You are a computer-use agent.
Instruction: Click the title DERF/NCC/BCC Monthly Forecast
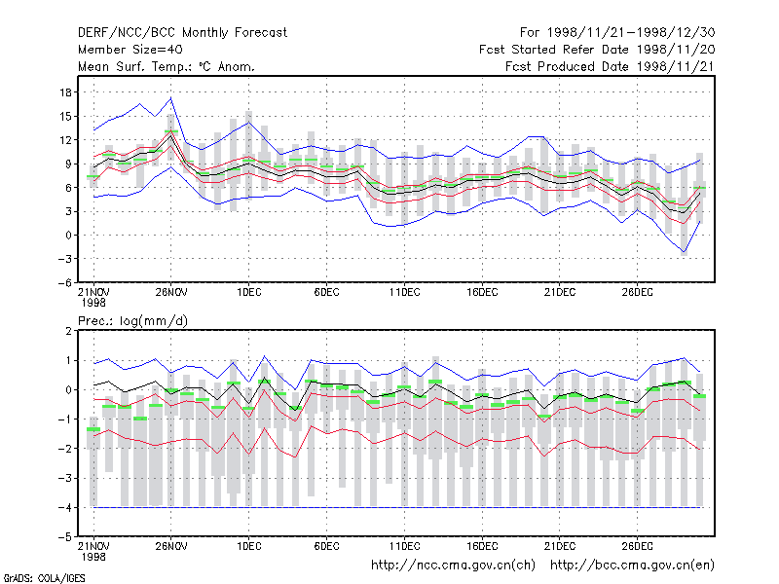pos(182,33)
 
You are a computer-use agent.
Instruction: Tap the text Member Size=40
pos(130,50)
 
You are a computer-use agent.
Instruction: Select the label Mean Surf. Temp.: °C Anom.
pos(167,66)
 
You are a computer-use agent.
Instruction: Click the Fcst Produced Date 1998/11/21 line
pos(610,66)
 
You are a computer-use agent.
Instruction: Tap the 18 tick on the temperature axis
pos(65,92)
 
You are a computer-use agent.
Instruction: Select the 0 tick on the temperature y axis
pos(68,236)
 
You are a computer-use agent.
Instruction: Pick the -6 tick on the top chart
pos(65,283)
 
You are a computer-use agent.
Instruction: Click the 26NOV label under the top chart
pos(171,293)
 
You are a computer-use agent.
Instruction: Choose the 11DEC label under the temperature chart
pos(404,293)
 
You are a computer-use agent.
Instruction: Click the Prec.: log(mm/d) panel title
pos(132,321)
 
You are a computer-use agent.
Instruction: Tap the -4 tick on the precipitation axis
pos(65,507)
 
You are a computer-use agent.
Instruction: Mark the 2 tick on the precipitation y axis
pos(68,331)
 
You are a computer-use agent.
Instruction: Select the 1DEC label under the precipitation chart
pos(249,546)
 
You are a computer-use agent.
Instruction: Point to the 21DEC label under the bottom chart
pos(559,546)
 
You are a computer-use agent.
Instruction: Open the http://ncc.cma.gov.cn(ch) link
pos(453,566)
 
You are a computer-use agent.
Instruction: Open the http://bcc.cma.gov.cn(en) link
pos(632,566)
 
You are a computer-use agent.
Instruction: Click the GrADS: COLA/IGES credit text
pos(44,578)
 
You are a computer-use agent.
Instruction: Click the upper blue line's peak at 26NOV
pos(171,98)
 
